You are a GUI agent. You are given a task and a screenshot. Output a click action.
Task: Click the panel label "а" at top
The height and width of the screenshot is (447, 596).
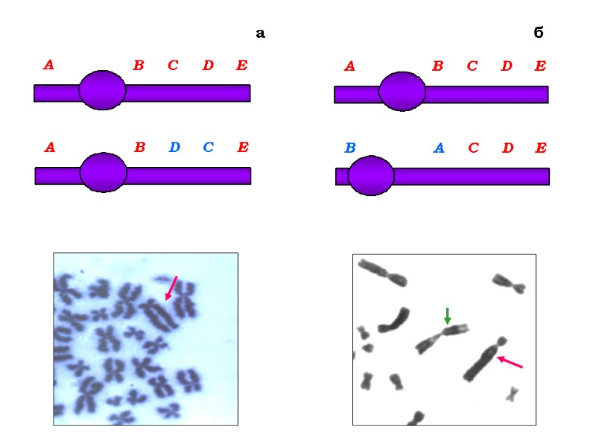click(260, 34)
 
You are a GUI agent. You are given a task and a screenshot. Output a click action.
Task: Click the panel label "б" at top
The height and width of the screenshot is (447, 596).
click(539, 33)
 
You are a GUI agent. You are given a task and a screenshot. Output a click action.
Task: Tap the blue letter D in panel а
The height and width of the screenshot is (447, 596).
click(174, 147)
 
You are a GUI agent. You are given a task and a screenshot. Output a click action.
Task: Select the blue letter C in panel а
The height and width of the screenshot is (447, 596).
click(208, 147)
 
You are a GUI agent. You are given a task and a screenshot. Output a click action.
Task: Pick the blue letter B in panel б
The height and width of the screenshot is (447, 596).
click(350, 148)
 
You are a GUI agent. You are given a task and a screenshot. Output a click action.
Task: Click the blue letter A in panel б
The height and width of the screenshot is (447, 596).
click(439, 148)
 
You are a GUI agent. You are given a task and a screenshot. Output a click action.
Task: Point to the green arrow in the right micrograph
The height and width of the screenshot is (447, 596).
click(448, 315)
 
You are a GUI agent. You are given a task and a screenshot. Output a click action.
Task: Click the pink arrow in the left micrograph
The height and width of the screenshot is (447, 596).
click(171, 288)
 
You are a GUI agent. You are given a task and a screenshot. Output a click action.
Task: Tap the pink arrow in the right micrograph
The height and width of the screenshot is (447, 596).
click(510, 362)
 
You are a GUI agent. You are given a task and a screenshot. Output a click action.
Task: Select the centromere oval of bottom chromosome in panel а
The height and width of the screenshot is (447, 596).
click(103, 172)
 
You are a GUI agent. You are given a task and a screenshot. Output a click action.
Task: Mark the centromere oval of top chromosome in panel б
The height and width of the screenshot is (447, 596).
click(402, 91)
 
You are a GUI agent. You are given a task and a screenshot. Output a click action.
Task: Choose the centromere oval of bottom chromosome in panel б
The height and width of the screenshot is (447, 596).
click(371, 175)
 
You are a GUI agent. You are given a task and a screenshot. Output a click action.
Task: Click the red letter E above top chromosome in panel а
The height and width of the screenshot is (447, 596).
click(241, 66)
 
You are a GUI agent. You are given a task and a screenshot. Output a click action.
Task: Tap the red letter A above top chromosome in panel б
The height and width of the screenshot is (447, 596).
click(349, 66)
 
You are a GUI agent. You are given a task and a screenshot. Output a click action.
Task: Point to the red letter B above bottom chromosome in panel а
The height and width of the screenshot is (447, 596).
click(139, 147)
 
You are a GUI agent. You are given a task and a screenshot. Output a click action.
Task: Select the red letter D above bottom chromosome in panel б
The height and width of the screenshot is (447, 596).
click(507, 148)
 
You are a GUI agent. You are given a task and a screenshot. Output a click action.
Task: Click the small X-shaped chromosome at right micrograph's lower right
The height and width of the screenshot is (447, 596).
click(512, 393)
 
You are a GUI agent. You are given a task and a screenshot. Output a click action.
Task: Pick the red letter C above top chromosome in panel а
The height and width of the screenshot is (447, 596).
click(173, 66)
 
